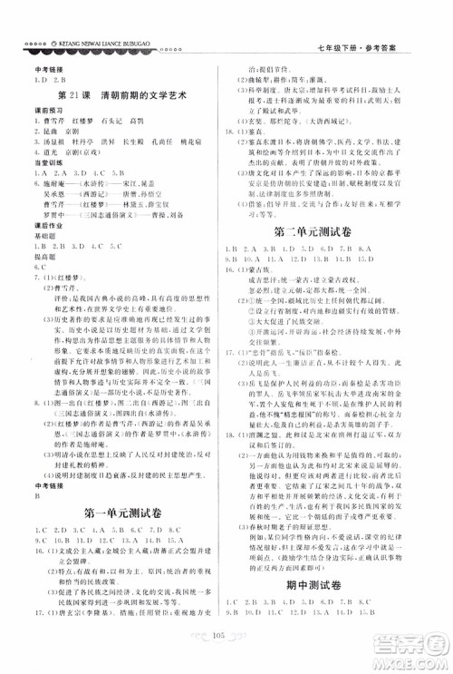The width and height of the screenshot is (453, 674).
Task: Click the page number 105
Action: tap(226, 644)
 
